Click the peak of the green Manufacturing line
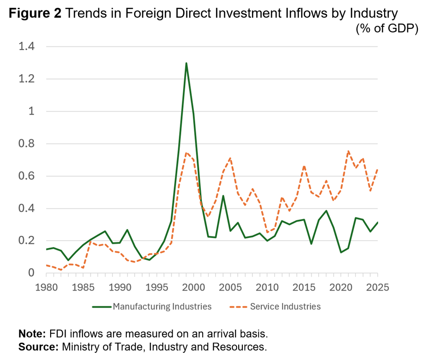[186, 63]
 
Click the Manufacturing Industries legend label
[162, 307]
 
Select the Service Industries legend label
[285, 307]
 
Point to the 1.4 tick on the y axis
[26, 46]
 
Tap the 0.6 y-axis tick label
[26, 176]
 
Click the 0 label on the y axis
[31, 273]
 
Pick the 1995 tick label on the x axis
[157, 287]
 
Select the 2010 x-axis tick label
[267, 287]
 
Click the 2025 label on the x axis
[378, 287]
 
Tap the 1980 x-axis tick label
[46, 287]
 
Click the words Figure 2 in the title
[36, 13]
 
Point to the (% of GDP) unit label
[387, 28]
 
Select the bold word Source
[38, 347]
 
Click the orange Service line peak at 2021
[348, 151]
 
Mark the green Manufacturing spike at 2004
[223, 196]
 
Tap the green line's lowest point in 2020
[341, 253]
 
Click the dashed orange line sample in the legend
[238, 307]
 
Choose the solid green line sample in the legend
[102, 307]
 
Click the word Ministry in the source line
[79, 347]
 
